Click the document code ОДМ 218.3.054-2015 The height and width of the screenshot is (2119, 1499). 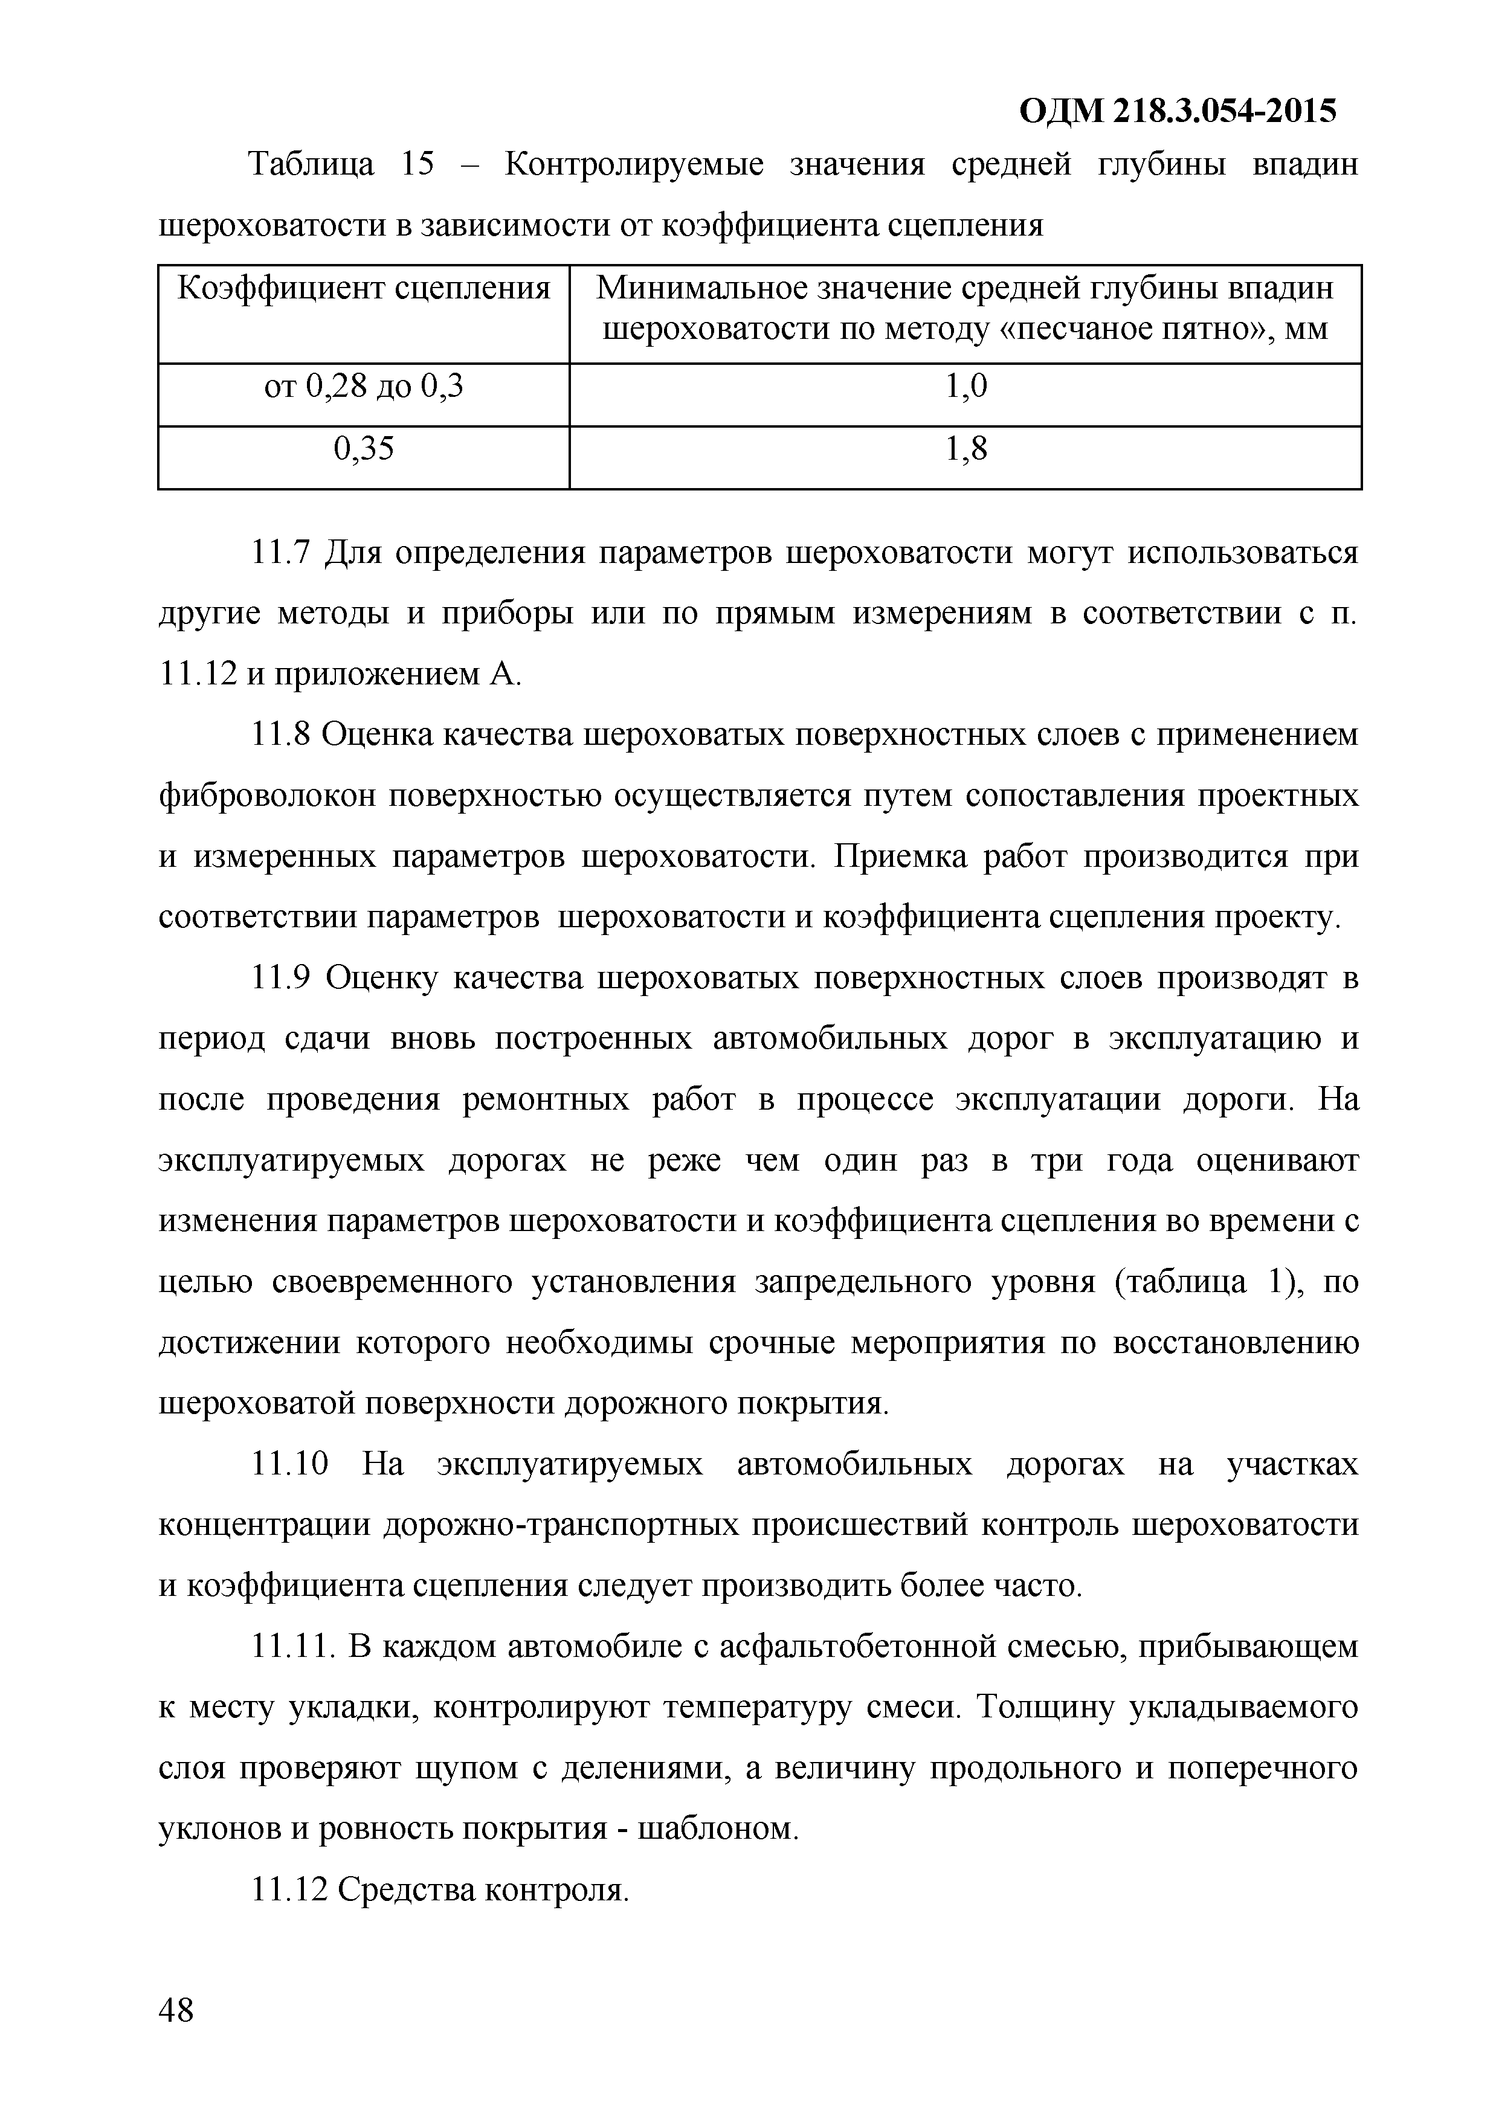(1178, 112)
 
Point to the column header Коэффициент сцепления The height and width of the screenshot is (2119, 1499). (364, 289)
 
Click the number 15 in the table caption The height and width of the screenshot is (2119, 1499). (417, 165)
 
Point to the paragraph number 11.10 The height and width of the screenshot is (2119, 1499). (290, 1465)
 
